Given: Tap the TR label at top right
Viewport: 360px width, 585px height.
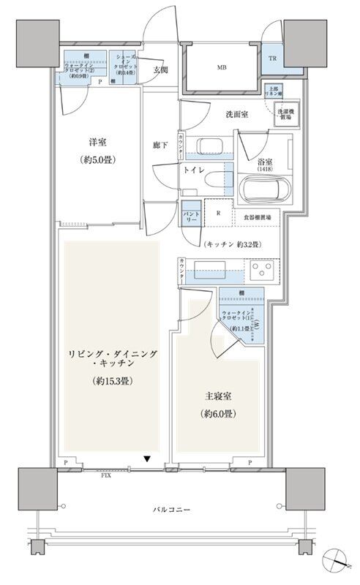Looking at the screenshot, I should click(271, 58).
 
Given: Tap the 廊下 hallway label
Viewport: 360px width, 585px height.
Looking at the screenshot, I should click(161, 146).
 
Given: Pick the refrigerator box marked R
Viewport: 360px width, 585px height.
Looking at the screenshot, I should click(218, 214).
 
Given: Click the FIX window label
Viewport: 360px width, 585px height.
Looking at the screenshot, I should click(105, 475).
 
